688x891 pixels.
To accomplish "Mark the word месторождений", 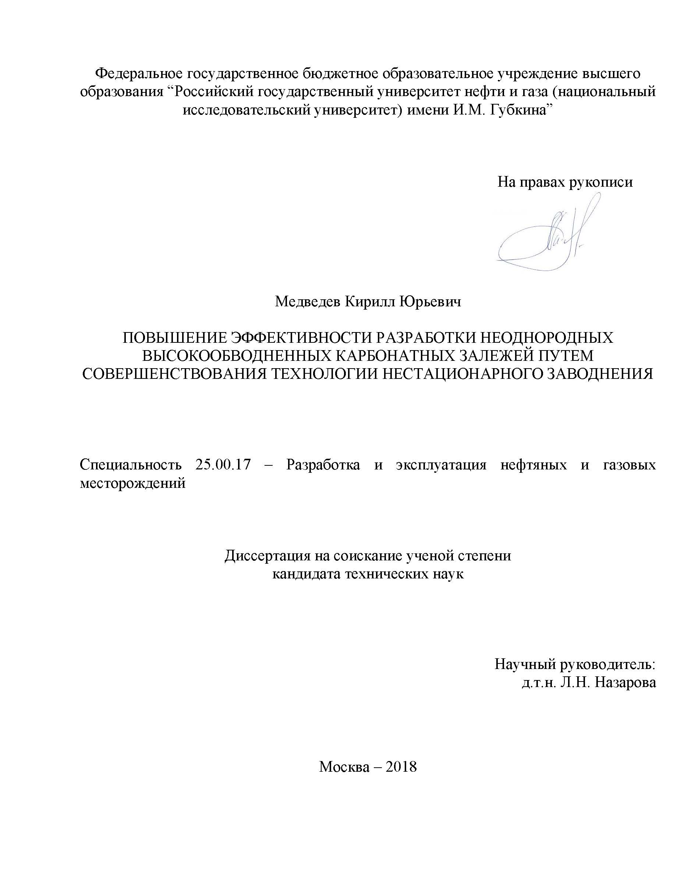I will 132,483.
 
